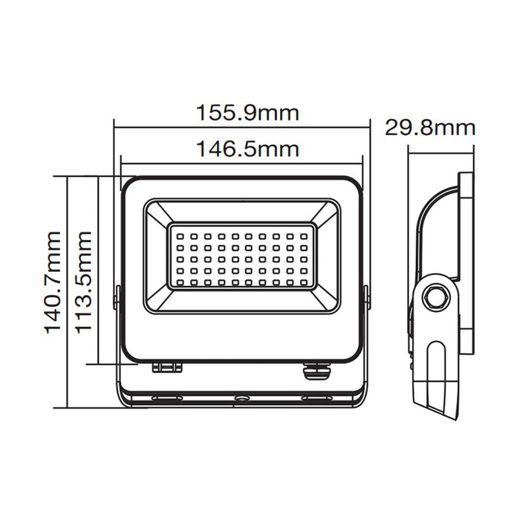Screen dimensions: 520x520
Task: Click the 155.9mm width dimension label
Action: [247, 113]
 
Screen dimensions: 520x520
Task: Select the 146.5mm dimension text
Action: [247, 149]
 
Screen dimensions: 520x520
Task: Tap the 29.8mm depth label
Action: [430, 127]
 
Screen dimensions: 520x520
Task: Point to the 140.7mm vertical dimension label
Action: [53, 282]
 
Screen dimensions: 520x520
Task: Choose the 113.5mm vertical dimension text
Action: [85, 282]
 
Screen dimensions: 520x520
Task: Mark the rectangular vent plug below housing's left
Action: [167, 367]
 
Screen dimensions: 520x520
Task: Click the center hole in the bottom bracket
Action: [241, 399]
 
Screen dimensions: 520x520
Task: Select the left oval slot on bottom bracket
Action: [167, 399]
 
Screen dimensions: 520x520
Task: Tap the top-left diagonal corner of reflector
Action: [157, 211]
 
